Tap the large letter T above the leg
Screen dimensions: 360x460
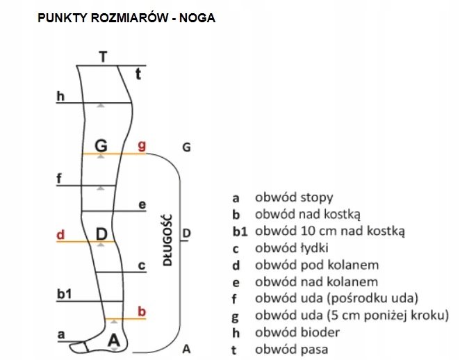pos(103,57)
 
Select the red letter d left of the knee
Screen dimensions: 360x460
pos(60,234)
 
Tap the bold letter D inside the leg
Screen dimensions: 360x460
pos(101,234)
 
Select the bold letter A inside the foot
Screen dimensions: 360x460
pos(115,340)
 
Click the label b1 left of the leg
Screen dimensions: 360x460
pos(64,295)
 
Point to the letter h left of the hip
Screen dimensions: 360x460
pos(60,97)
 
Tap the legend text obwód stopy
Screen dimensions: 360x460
pos(294,197)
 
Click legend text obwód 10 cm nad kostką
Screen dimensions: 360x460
pos(330,231)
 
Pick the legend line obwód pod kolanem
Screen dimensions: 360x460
pos(316,265)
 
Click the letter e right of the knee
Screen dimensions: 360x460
pos(142,204)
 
